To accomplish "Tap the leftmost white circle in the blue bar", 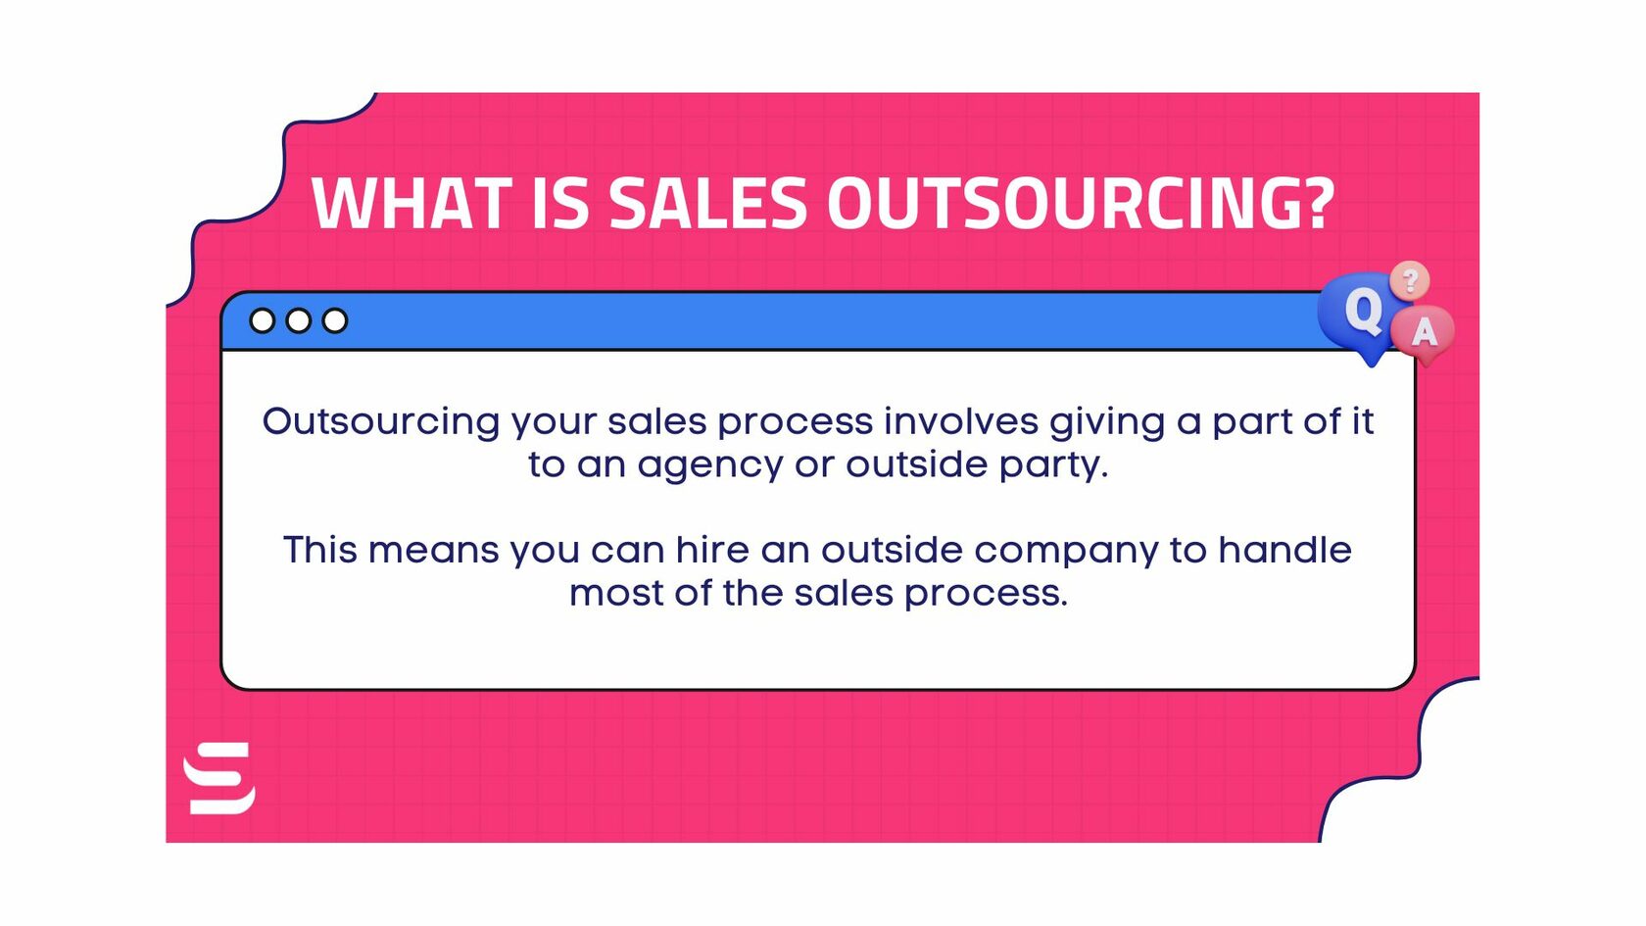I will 263,320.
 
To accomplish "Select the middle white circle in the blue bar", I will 299,320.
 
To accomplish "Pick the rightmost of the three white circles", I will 335,320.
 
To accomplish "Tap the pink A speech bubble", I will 1424,333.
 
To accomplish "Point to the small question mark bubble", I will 1410,281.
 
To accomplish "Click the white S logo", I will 220,778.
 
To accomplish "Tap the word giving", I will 1107,423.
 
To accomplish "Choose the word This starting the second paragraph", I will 320,550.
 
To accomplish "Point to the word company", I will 1066,552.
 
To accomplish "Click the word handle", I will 1284,550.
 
